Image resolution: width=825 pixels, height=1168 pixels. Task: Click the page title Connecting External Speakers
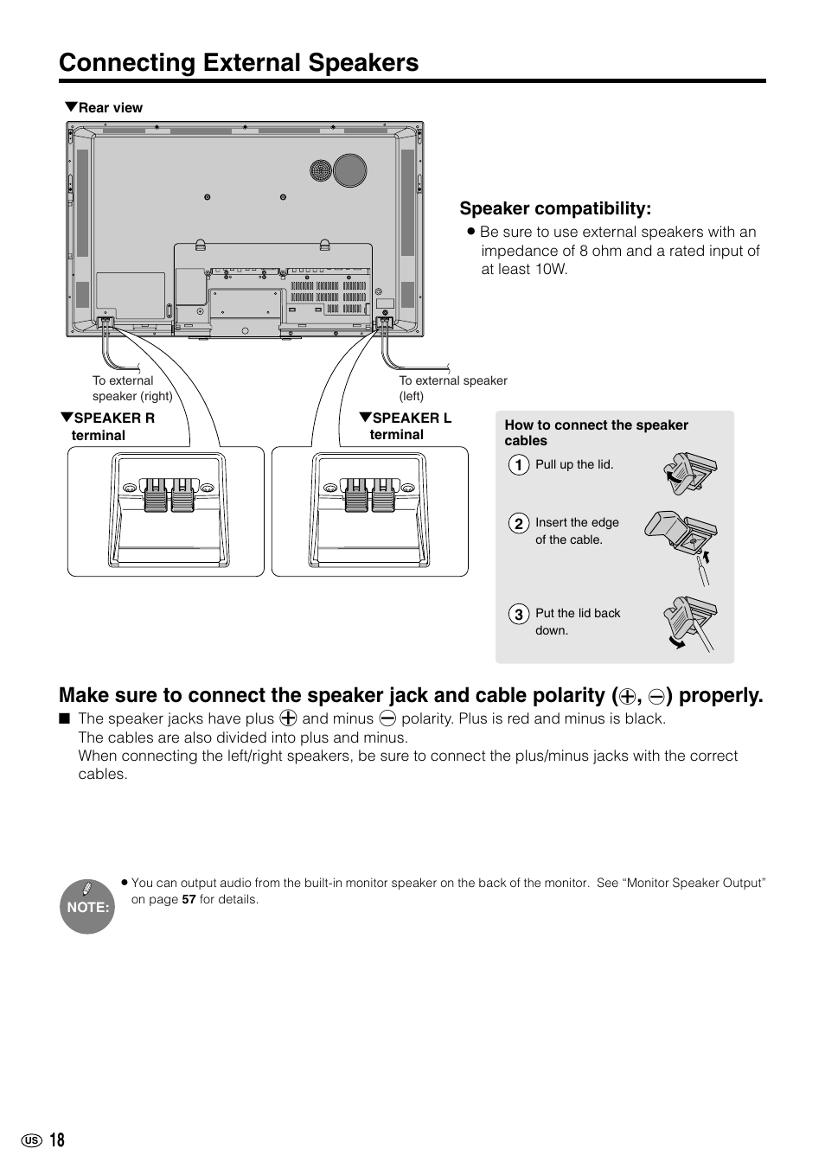coord(239,62)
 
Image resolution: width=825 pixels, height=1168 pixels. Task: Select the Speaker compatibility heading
coord(554,208)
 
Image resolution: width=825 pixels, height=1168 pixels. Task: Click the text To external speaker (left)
coord(452,388)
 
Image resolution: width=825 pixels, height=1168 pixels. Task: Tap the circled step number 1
coord(517,465)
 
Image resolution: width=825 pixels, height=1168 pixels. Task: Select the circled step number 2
coord(517,523)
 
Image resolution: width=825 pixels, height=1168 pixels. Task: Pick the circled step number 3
coord(517,615)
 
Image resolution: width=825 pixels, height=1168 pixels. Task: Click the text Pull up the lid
coord(573,464)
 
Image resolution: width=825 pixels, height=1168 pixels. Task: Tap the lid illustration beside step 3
coord(688,623)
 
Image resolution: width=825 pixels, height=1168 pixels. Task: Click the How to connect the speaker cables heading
coord(596,432)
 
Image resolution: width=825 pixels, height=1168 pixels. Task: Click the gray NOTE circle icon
coord(87,907)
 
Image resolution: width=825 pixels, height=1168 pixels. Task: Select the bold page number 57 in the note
coord(189,899)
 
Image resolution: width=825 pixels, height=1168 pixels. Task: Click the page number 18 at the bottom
coord(56,1140)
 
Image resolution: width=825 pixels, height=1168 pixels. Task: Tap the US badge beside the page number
coord(31,1141)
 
